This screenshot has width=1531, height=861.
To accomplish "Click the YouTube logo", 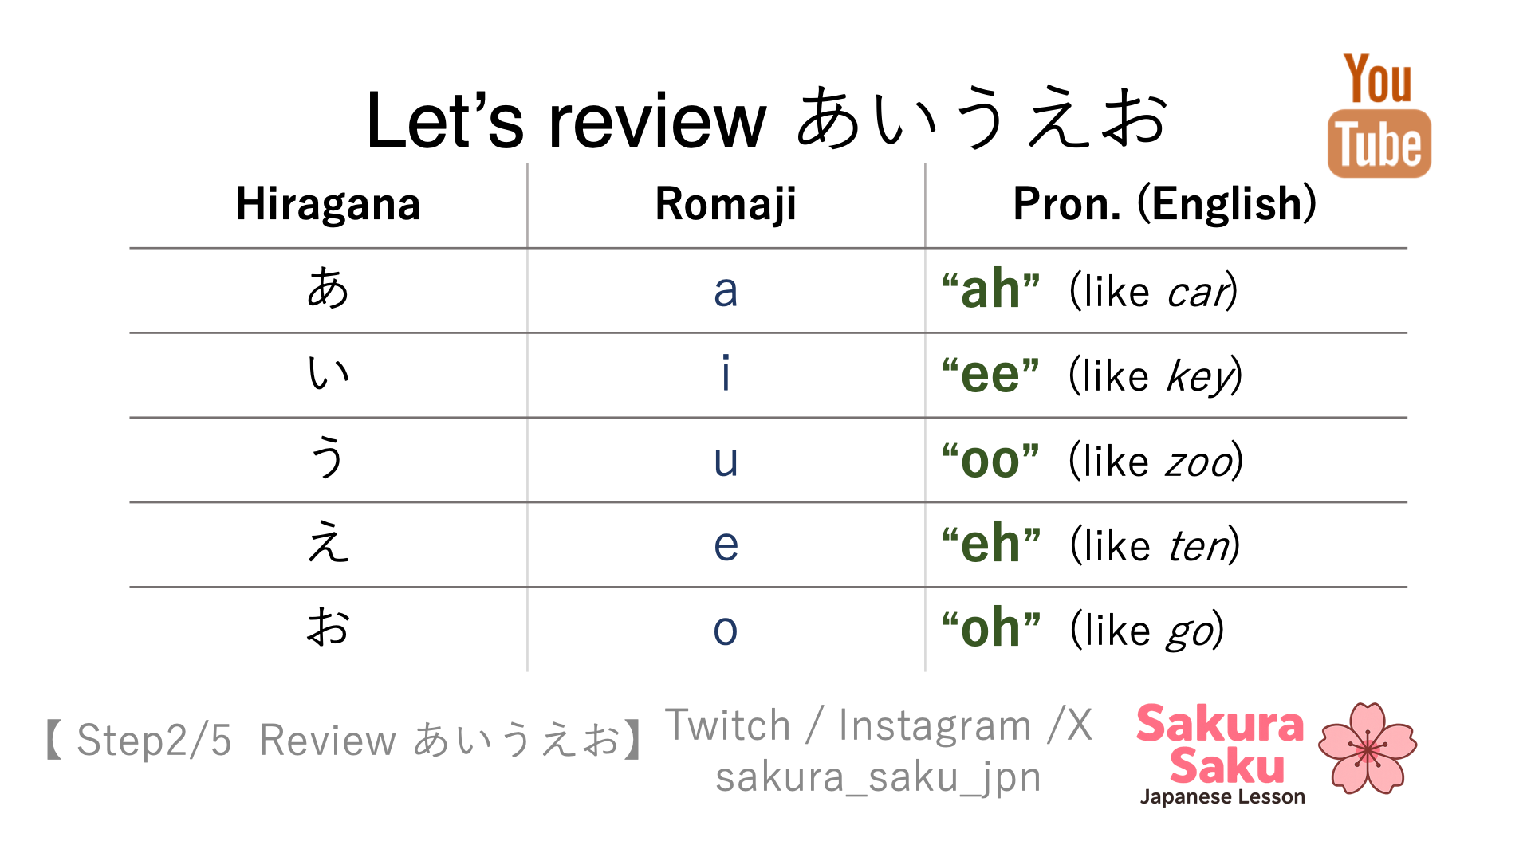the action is point(1379,116).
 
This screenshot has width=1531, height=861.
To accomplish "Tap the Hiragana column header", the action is point(328,204).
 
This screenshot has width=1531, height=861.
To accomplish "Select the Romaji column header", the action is point(726,204).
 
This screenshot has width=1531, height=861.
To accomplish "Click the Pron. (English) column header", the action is point(1164,204).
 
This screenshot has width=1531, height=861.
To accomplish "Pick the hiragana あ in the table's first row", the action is point(328,288).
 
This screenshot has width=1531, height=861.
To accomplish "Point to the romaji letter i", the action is point(726,372).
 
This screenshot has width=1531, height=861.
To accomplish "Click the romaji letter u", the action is point(726,461).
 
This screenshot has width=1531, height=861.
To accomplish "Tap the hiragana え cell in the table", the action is point(328,542).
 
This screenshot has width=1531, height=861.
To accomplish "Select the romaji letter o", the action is point(726,630).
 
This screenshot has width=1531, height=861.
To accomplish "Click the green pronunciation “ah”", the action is point(990,289).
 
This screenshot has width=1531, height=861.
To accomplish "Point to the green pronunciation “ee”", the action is point(990,374).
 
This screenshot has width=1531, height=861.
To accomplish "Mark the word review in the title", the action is point(657,121).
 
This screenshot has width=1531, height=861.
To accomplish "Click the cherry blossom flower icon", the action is point(1368,748).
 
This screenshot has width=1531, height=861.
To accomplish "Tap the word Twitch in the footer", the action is point(728,725).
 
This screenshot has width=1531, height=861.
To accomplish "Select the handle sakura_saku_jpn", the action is point(878,777).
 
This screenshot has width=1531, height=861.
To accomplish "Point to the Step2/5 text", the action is point(154,740).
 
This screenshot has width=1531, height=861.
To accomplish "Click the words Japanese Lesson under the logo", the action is point(1222,796).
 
